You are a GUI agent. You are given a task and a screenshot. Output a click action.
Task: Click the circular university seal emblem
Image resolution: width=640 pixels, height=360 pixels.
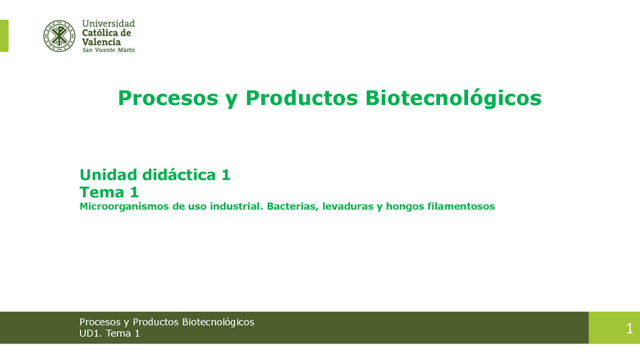(59, 36)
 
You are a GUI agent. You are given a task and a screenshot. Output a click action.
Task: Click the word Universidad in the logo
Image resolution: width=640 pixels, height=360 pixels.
(108, 23)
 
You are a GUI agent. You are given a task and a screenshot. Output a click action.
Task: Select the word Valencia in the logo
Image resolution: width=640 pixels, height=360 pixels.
(101, 42)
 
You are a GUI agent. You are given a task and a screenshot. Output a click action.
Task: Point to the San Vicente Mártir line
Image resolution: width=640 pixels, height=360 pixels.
(109, 51)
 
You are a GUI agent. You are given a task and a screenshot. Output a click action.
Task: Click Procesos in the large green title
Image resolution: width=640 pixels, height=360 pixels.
(168, 98)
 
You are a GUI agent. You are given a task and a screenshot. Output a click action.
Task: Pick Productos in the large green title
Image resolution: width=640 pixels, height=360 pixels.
(302, 98)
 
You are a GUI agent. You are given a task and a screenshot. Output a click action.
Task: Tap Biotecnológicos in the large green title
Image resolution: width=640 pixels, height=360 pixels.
(453, 98)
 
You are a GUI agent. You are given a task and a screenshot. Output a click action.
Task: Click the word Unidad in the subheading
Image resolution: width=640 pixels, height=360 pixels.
(108, 174)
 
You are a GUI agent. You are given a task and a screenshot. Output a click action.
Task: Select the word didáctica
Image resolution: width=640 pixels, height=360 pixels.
(179, 174)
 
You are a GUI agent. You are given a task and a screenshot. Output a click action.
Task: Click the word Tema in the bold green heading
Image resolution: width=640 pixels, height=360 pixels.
(102, 192)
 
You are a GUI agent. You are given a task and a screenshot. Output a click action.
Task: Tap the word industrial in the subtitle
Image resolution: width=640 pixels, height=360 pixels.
(236, 206)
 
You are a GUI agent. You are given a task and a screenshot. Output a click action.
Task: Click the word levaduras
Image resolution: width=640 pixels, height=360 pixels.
(348, 206)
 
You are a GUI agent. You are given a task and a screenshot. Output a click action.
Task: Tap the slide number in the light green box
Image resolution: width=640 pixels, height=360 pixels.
(629, 328)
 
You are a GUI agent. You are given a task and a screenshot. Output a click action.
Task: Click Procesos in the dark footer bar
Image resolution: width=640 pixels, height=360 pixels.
(100, 322)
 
